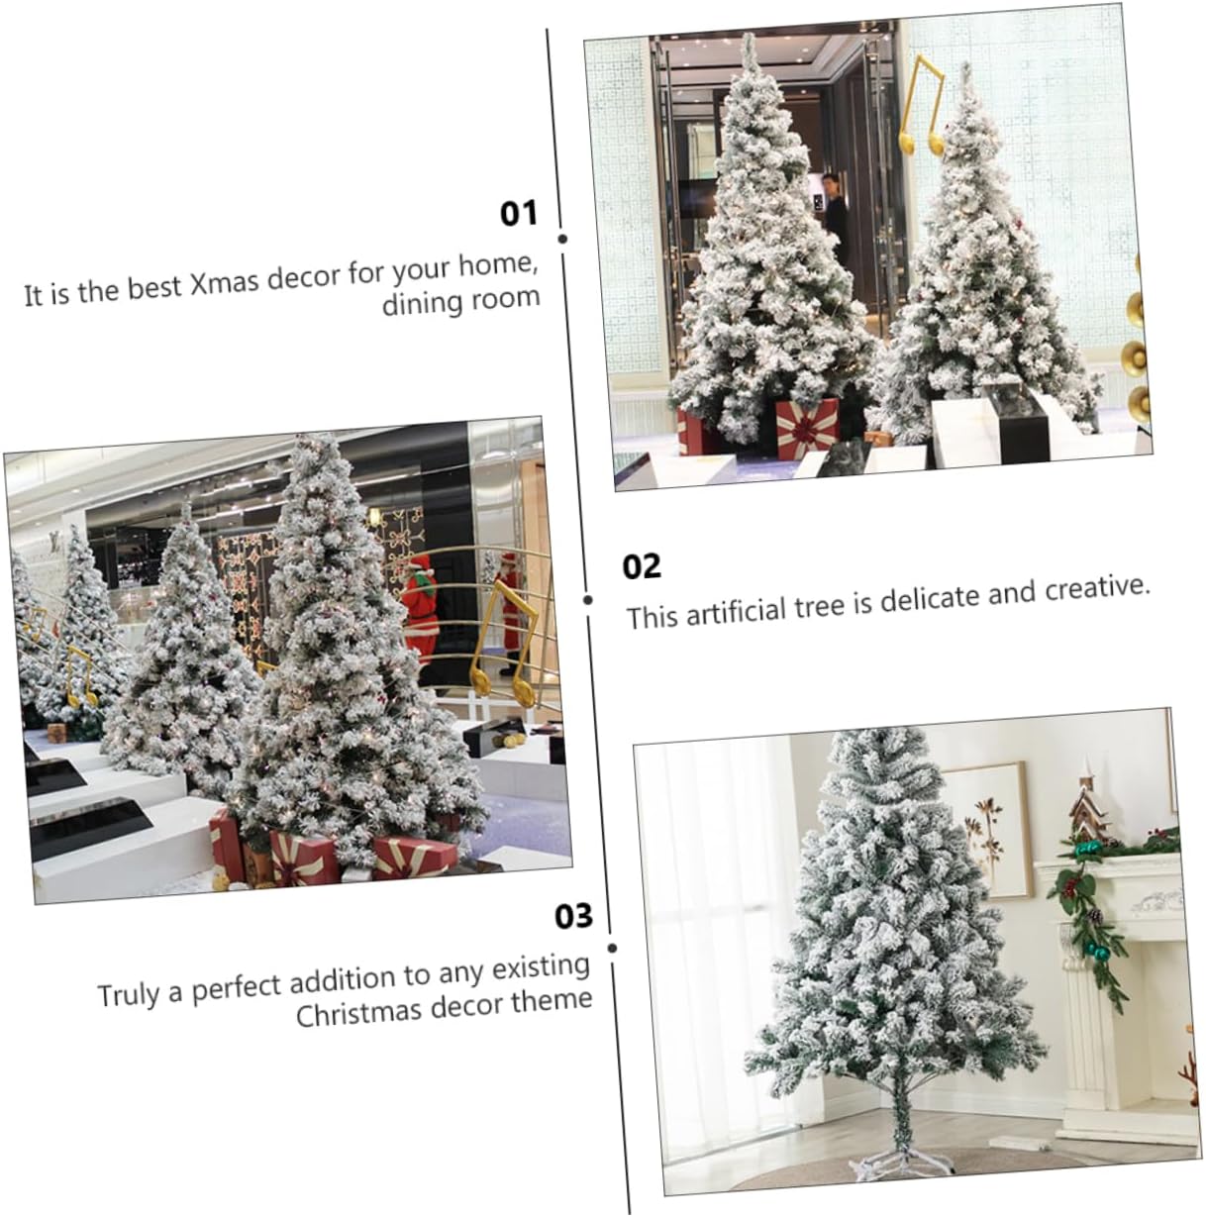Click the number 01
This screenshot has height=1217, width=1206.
(518, 212)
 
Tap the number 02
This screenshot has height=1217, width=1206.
(642, 566)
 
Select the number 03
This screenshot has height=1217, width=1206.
(573, 916)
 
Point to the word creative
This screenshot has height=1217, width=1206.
(1098, 588)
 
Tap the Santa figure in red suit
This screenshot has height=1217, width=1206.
(421, 604)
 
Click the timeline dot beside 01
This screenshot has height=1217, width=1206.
(562, 239)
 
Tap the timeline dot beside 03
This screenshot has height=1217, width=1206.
(612, 948)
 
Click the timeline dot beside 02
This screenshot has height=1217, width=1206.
(588, 599)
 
